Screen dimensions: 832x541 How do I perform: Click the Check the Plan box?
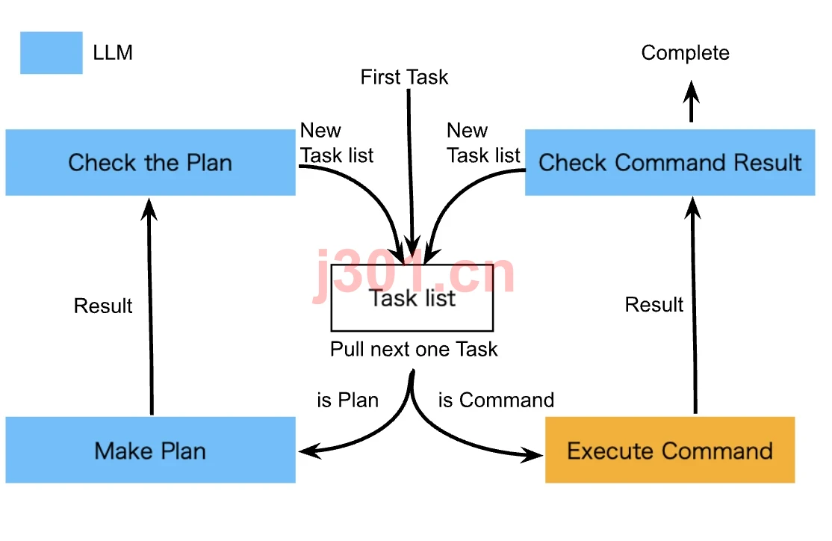click(151, 162)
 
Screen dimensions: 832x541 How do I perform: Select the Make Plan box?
click(151, 450)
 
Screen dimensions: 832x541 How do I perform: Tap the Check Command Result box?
click(670, 162)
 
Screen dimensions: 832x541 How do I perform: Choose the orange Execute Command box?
click(670, 450)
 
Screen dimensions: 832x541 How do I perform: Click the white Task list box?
click(412, 298)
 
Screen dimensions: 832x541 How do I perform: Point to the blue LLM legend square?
click(52, 52)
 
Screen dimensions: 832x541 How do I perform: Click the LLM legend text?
click(113, 52)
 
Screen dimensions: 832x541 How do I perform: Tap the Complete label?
click(685, 53)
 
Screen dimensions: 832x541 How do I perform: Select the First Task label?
click(404, 77)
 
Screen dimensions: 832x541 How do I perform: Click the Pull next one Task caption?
click(414, 350)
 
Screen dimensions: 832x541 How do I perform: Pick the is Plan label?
click(347, 400)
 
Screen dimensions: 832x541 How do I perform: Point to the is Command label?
click(496, 400)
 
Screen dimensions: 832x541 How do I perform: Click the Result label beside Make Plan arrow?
click(103, 306)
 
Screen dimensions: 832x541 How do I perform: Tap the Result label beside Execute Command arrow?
click(654, 305)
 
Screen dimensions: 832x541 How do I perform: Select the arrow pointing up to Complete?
click(691, 101)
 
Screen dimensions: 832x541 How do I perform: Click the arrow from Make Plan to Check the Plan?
click(151, 306)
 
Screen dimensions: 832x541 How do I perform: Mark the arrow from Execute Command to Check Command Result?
click(694, 306)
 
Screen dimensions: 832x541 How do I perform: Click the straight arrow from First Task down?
click(410, 174)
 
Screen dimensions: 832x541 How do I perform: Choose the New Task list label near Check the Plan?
click(336, 143)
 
